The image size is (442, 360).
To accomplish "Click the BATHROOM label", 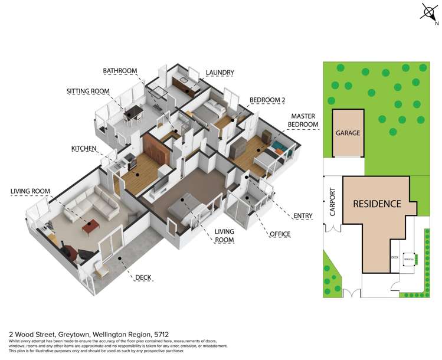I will (x=120, y=71).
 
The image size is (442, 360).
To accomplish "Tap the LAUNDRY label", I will (x=220, y=73).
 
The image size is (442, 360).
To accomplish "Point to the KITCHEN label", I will (x=84, y=149).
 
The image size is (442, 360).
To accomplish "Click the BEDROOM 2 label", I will (x=269, y=100).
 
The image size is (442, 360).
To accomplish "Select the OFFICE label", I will (x=280, y=234).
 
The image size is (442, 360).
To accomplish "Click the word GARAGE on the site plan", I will (x=348, y=133).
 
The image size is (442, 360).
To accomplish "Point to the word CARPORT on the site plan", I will (x=332, y=201).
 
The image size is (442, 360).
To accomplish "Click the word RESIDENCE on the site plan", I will (x=377, y=204).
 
